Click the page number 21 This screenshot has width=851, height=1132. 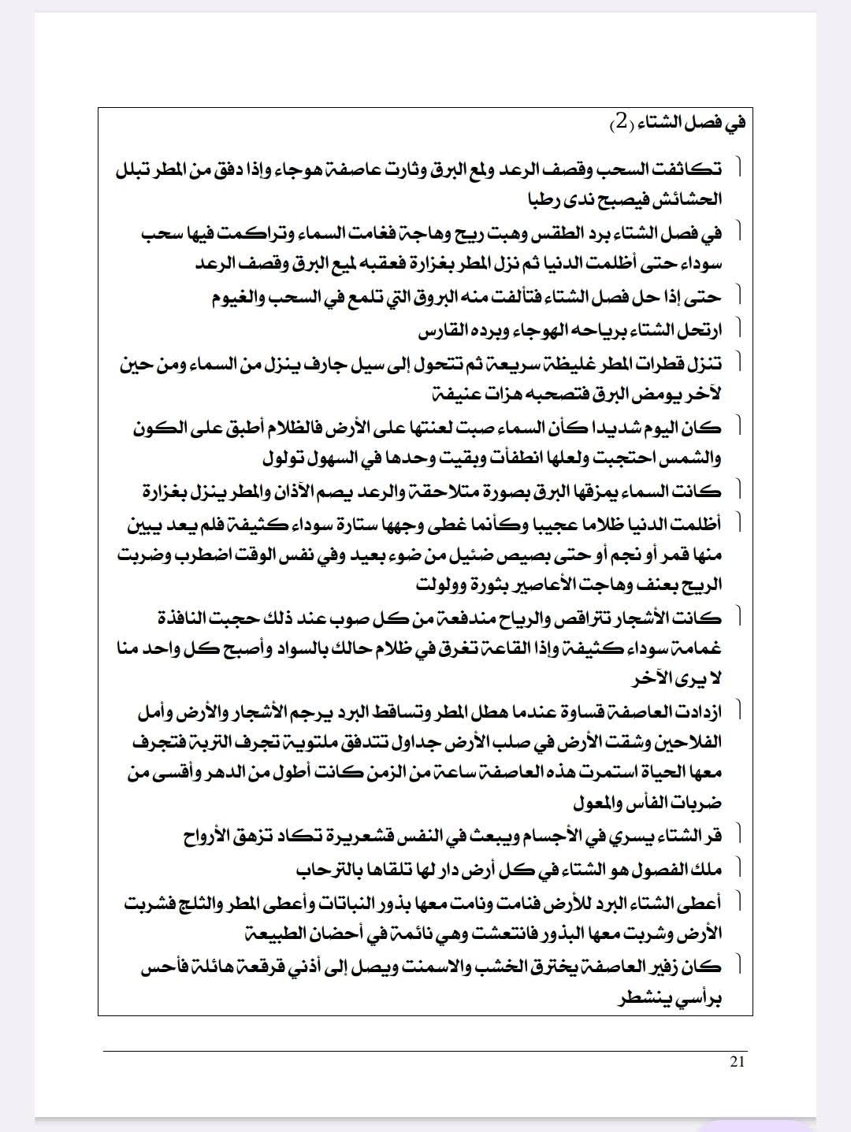point(738,1061)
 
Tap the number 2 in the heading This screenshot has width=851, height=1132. point(622,121)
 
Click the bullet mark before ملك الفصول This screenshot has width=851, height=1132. point(739,868)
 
